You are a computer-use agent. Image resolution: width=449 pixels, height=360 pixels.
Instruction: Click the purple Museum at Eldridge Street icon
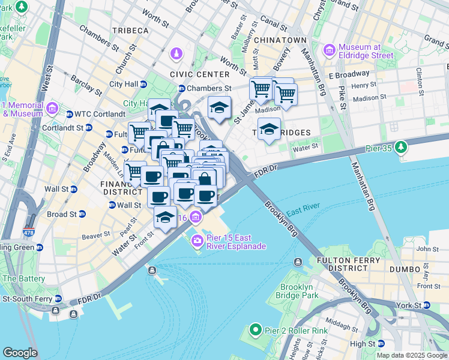[330, 51]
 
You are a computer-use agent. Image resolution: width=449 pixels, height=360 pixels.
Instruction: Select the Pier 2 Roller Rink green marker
[255, 330]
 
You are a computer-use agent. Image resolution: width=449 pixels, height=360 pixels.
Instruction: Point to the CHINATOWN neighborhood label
[281, 40]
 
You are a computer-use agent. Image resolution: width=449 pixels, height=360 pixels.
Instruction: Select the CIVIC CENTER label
[200, 74]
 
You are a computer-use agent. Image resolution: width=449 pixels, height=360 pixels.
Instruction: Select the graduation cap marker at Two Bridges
[270, 130]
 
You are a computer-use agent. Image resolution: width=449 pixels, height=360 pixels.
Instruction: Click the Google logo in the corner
[20, 353]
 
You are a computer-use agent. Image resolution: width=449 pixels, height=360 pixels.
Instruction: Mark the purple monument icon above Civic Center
[176, 55]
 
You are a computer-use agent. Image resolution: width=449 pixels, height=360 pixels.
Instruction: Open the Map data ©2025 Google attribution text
[411, 355]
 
